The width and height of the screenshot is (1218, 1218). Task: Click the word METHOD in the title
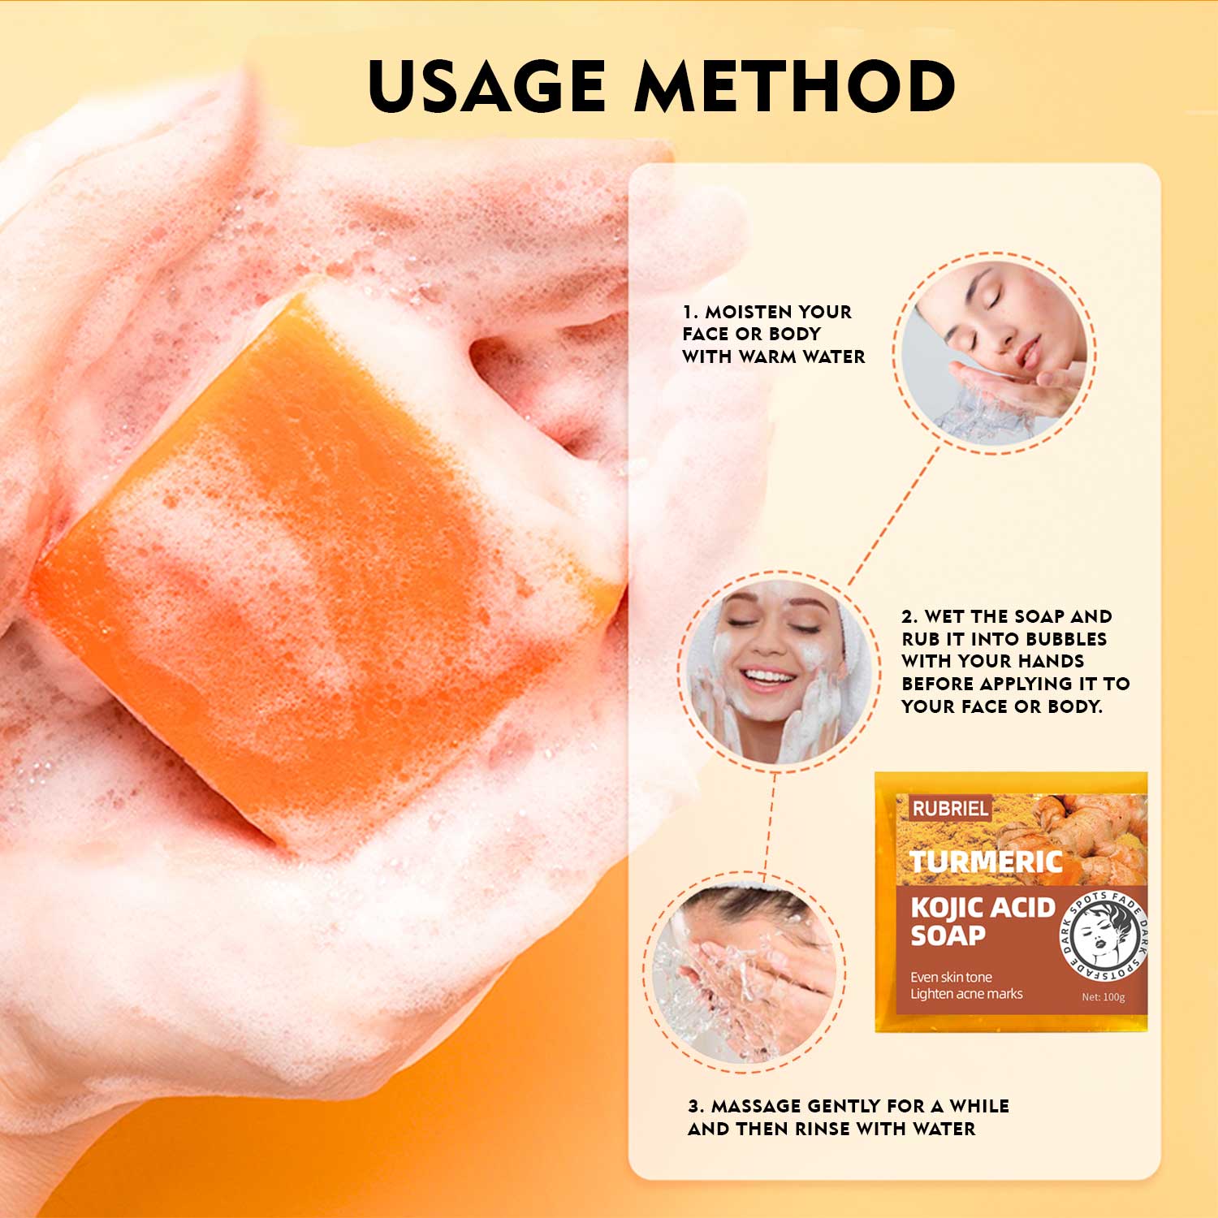coord(795,85)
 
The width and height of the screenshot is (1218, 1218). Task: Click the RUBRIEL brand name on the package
coord(950,809)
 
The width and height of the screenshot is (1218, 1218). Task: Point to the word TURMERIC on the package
coord(986,862)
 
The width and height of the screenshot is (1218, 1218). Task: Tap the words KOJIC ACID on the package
coord(983,907)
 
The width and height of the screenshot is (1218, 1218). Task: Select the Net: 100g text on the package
coord(1104,997)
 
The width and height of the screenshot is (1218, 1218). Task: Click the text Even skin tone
coord(951,977)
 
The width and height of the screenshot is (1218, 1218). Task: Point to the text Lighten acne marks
coord(966,994)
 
